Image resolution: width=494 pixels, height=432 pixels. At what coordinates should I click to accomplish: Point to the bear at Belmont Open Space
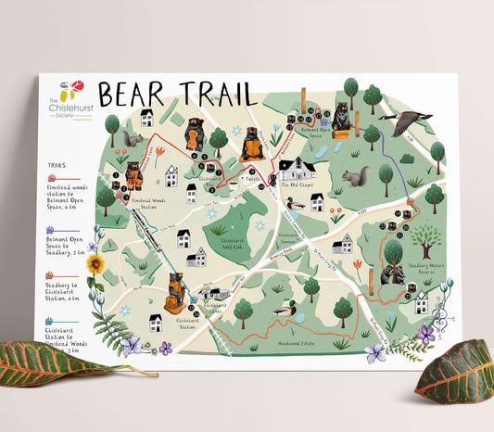pyautogui.click(x=341, y=118)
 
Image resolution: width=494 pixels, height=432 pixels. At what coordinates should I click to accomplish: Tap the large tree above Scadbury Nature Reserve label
pyautogui.click(x=425, y=239)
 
